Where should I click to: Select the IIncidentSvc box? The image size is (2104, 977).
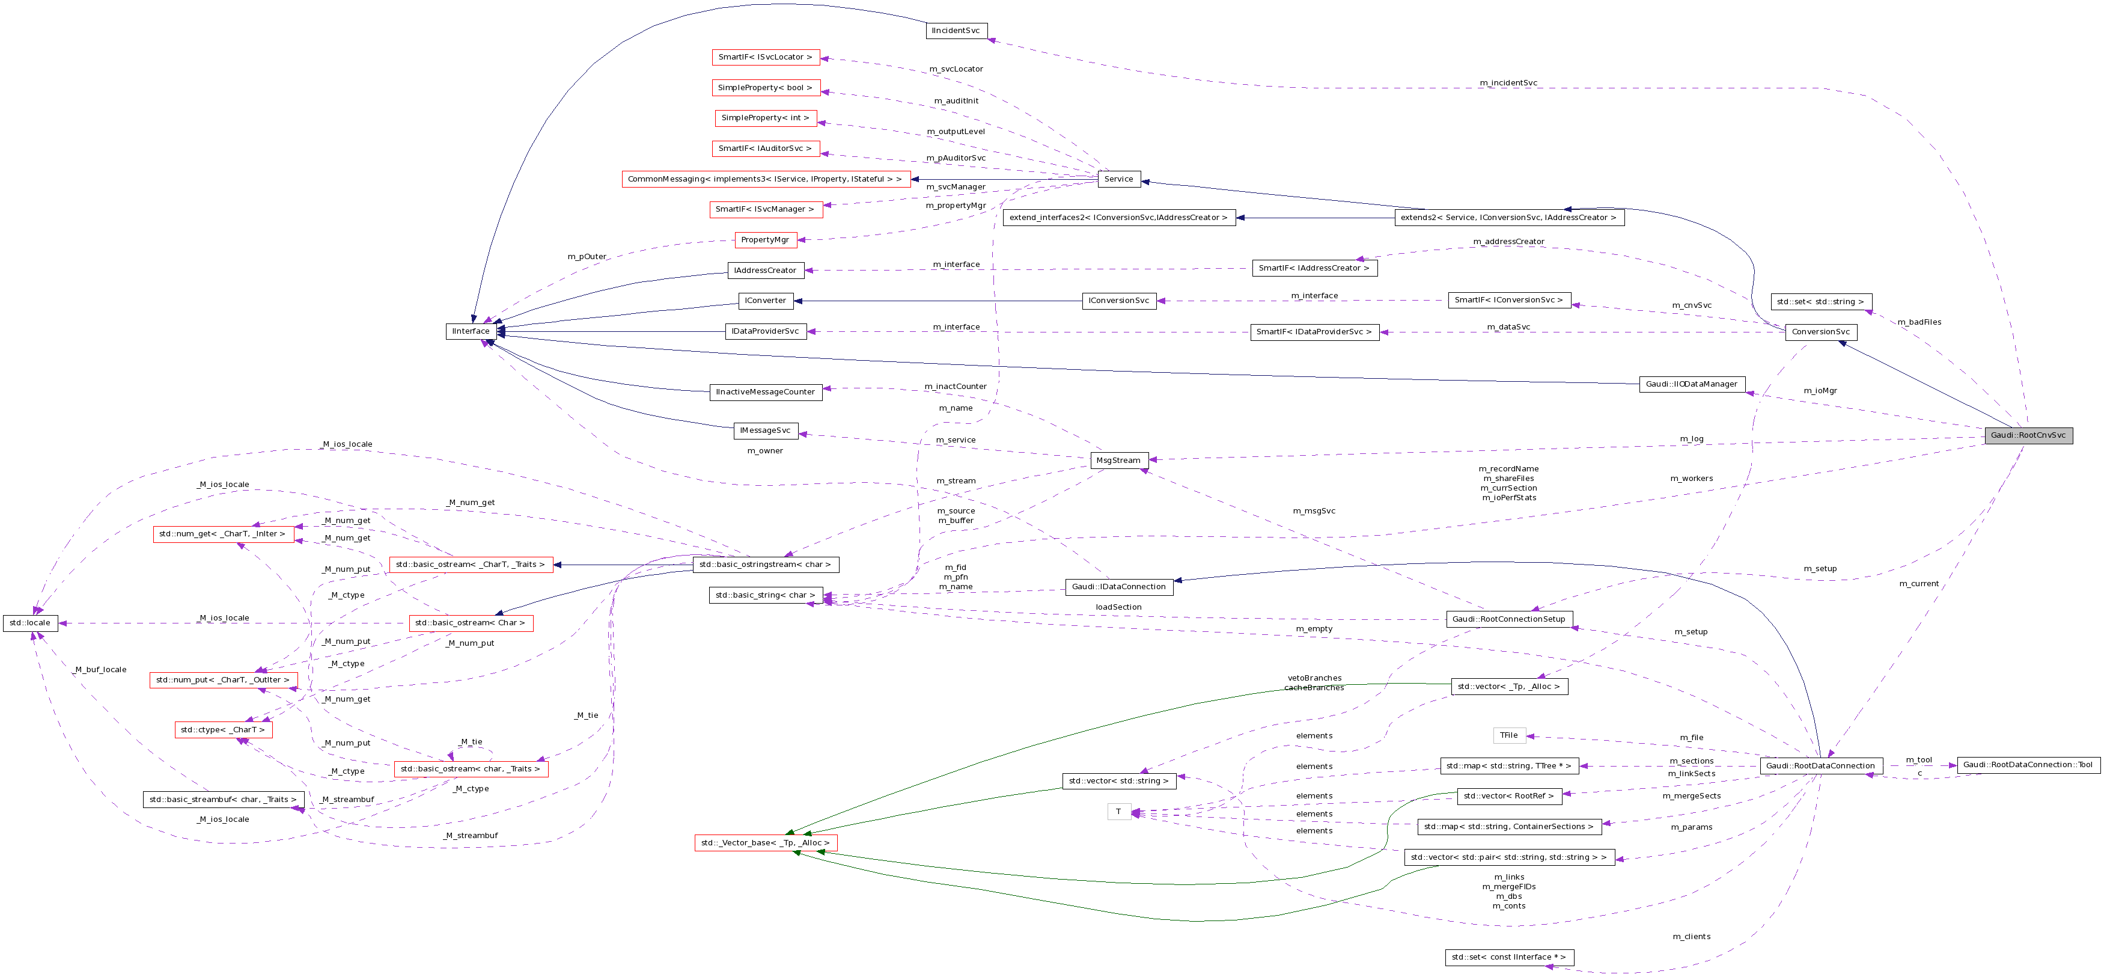coord(956,30)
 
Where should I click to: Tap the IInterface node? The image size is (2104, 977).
coord(471,331)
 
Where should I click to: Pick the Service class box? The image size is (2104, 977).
coord(1118,179)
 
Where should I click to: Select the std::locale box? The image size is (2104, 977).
coord(30,622)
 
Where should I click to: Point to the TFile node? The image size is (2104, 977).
coord(1508,735)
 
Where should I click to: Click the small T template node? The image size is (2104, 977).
coord(1118,811)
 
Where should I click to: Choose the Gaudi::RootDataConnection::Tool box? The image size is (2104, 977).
coord(2027,765)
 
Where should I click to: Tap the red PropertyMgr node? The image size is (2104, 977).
coord(765,239)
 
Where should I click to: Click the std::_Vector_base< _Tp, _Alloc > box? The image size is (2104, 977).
coord(765,842)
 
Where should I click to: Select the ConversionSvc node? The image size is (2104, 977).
coord(1820,332)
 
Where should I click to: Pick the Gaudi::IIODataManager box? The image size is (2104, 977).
coord(1692,384)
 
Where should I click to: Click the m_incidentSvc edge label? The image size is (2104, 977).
coord(1508,82)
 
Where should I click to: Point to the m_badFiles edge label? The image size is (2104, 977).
coord(1918,322)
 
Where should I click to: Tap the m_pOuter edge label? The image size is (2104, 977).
coord(587,257)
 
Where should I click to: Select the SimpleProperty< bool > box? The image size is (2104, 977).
coord(765,87)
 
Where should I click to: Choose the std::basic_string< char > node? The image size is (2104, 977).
coord(765,595)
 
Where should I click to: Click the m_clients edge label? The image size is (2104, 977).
coord(1691,936)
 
